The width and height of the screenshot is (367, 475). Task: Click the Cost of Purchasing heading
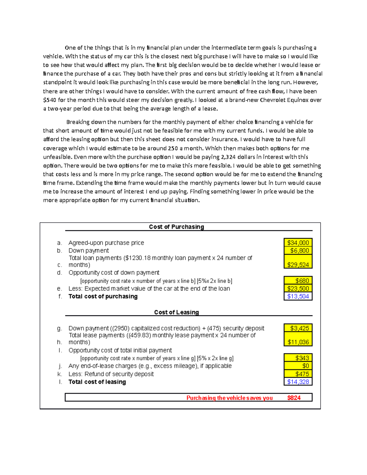pyautogui.click(x=176, y=227)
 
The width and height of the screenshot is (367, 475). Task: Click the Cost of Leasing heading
pyautogui.click(x=176, y=312)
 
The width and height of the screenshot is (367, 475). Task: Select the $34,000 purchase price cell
pyautogui.click(x=298, y=243)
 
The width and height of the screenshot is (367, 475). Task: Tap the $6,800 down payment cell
pyautogui.click(x=298, y=250)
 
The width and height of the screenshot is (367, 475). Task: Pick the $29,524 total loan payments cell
pyautogui.click(x=298, y=265)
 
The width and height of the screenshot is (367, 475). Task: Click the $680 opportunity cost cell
pyautogui.click(x=298, y=280)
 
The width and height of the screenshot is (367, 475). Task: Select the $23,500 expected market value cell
pyautogui.click(x=298, y=288)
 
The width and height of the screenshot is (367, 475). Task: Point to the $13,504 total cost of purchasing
pyautogui.click(x=298, y=296)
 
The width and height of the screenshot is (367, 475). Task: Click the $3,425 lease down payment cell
pyautogui.click(x=298, y=328)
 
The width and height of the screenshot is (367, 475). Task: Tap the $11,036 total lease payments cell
pyautogui.click(x=298, y=342)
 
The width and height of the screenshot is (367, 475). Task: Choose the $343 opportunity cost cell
pyautogui.click(x=298, y=358)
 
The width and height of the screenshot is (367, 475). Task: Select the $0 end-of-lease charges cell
pyautogui.click(x=298, y=366)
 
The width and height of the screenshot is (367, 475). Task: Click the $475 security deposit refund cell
pyautogui.click(x=298, y=374)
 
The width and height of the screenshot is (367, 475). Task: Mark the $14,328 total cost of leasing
pyautogui.click(x=298, y=382)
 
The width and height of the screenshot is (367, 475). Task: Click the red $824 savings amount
pyautogui.click(x=294, y=398)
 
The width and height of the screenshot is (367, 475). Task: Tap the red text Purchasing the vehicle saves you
pyautogui.click(x=229, y=398)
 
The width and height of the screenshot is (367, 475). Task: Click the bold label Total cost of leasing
pyautogui.click(x=97, y=382)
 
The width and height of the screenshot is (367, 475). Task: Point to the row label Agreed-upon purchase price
pyautogui.click(x=106, y=243)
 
